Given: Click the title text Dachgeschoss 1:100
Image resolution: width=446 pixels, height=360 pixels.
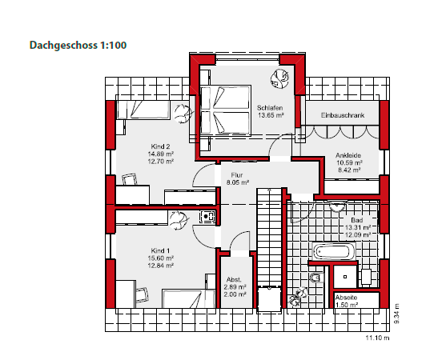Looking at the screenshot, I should (x=78, y=46).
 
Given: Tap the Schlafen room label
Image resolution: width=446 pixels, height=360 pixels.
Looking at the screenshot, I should (x=269, y=107).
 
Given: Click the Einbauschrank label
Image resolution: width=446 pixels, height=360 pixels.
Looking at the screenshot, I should (x=343, y=116).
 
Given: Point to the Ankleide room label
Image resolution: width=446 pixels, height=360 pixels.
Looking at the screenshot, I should (x=348, y=157).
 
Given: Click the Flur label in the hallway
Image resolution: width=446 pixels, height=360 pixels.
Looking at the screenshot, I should (x=237, y=174).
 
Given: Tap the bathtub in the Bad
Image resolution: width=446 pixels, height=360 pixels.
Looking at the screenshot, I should (x=334, y=252).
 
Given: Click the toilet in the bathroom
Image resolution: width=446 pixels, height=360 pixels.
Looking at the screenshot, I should (x=316, y=278).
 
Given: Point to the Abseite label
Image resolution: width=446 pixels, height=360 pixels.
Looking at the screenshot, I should (x=347, y=298).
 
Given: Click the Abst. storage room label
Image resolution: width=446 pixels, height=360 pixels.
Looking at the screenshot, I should (x=235, y=280).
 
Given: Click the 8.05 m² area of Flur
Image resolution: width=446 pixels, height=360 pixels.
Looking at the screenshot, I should (x=237, y=182).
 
